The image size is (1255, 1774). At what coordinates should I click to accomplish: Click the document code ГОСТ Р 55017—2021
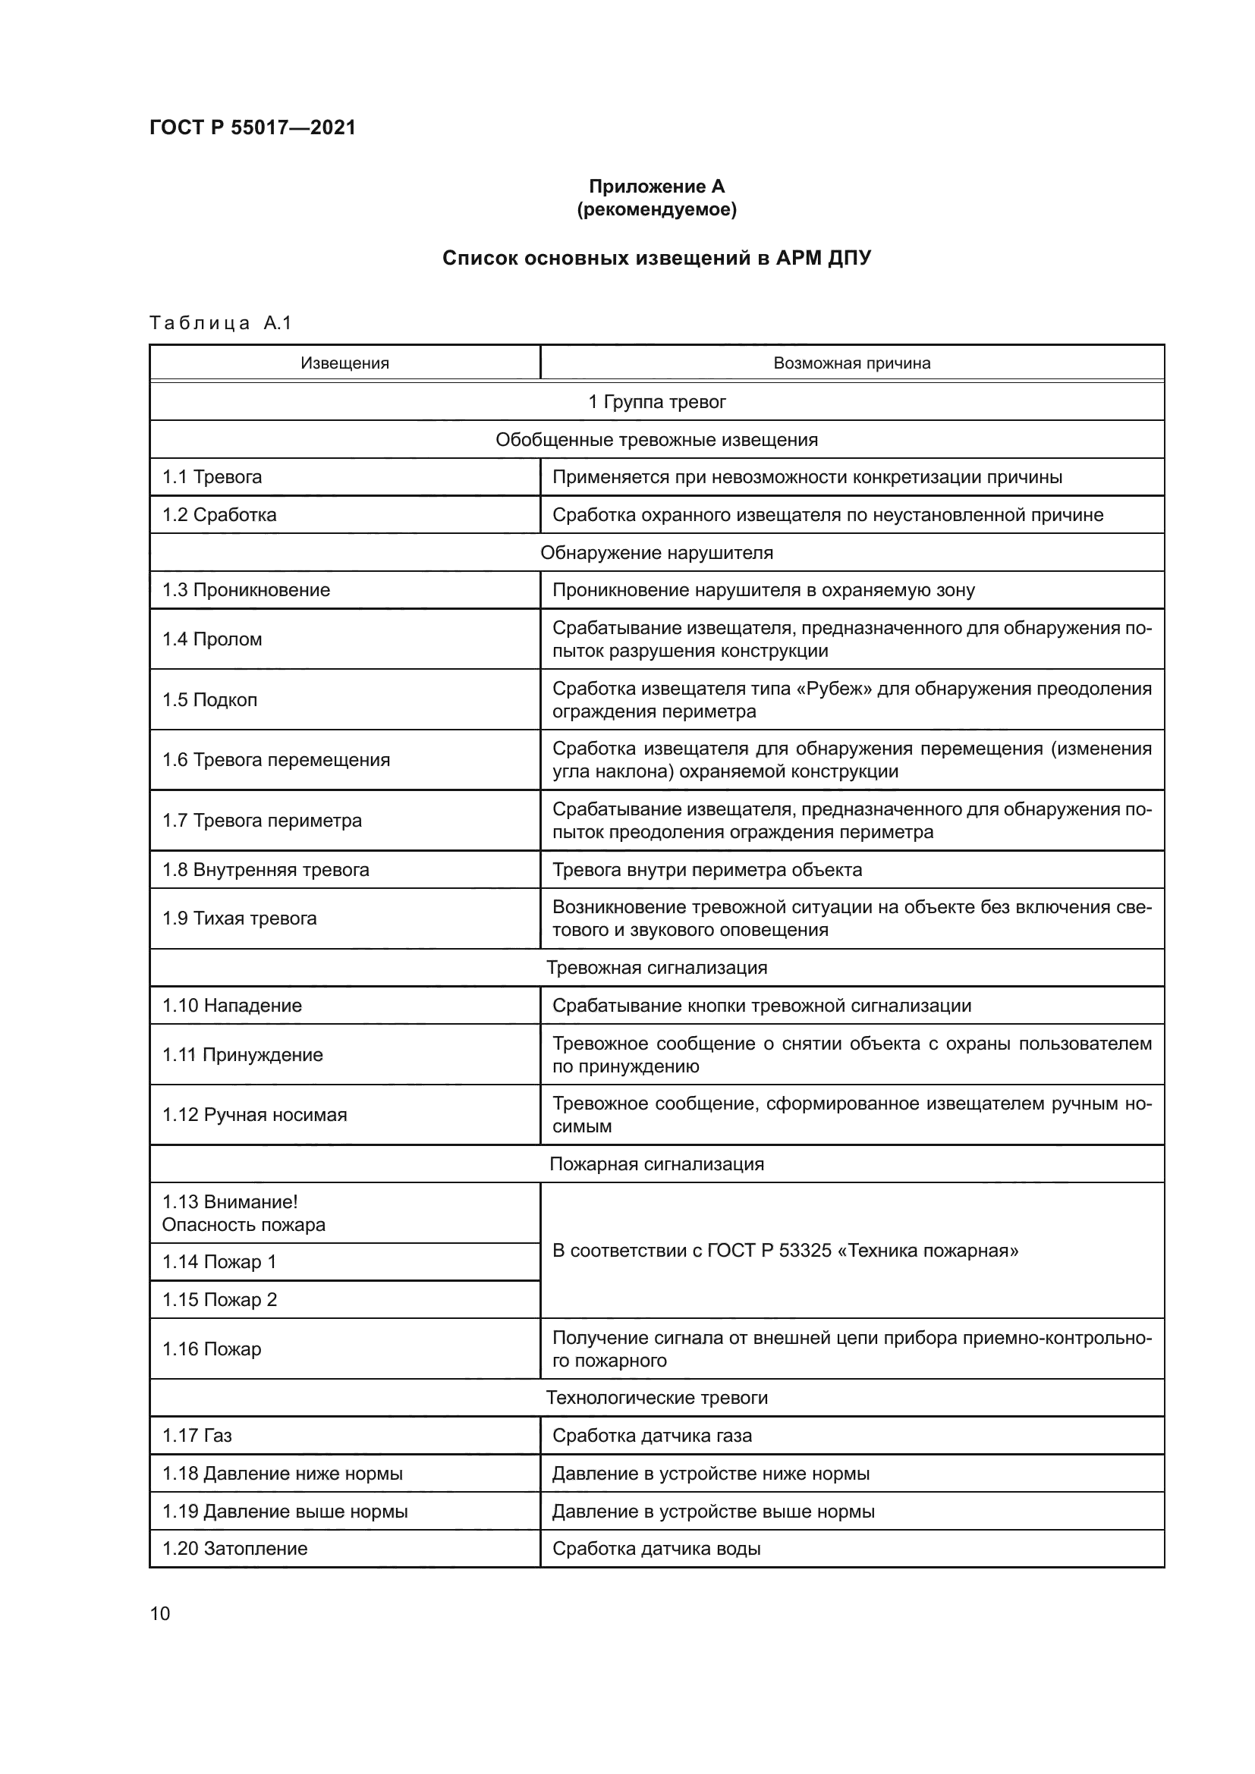click(253, 127)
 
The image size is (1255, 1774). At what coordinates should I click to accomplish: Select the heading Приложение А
click(656, 187)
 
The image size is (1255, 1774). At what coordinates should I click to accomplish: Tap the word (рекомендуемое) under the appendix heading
click(656, 209)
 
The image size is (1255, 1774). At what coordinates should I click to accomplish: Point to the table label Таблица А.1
click(220, 323)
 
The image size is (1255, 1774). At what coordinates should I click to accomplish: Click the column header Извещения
click(344, 363)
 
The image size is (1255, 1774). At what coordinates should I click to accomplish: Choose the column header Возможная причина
click(851, 363)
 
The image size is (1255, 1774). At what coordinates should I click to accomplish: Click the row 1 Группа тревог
click(656, 402)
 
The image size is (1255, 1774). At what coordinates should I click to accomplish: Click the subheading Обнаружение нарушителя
click(656, 552)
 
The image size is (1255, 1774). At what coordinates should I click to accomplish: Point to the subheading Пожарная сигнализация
click(656, 1164)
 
